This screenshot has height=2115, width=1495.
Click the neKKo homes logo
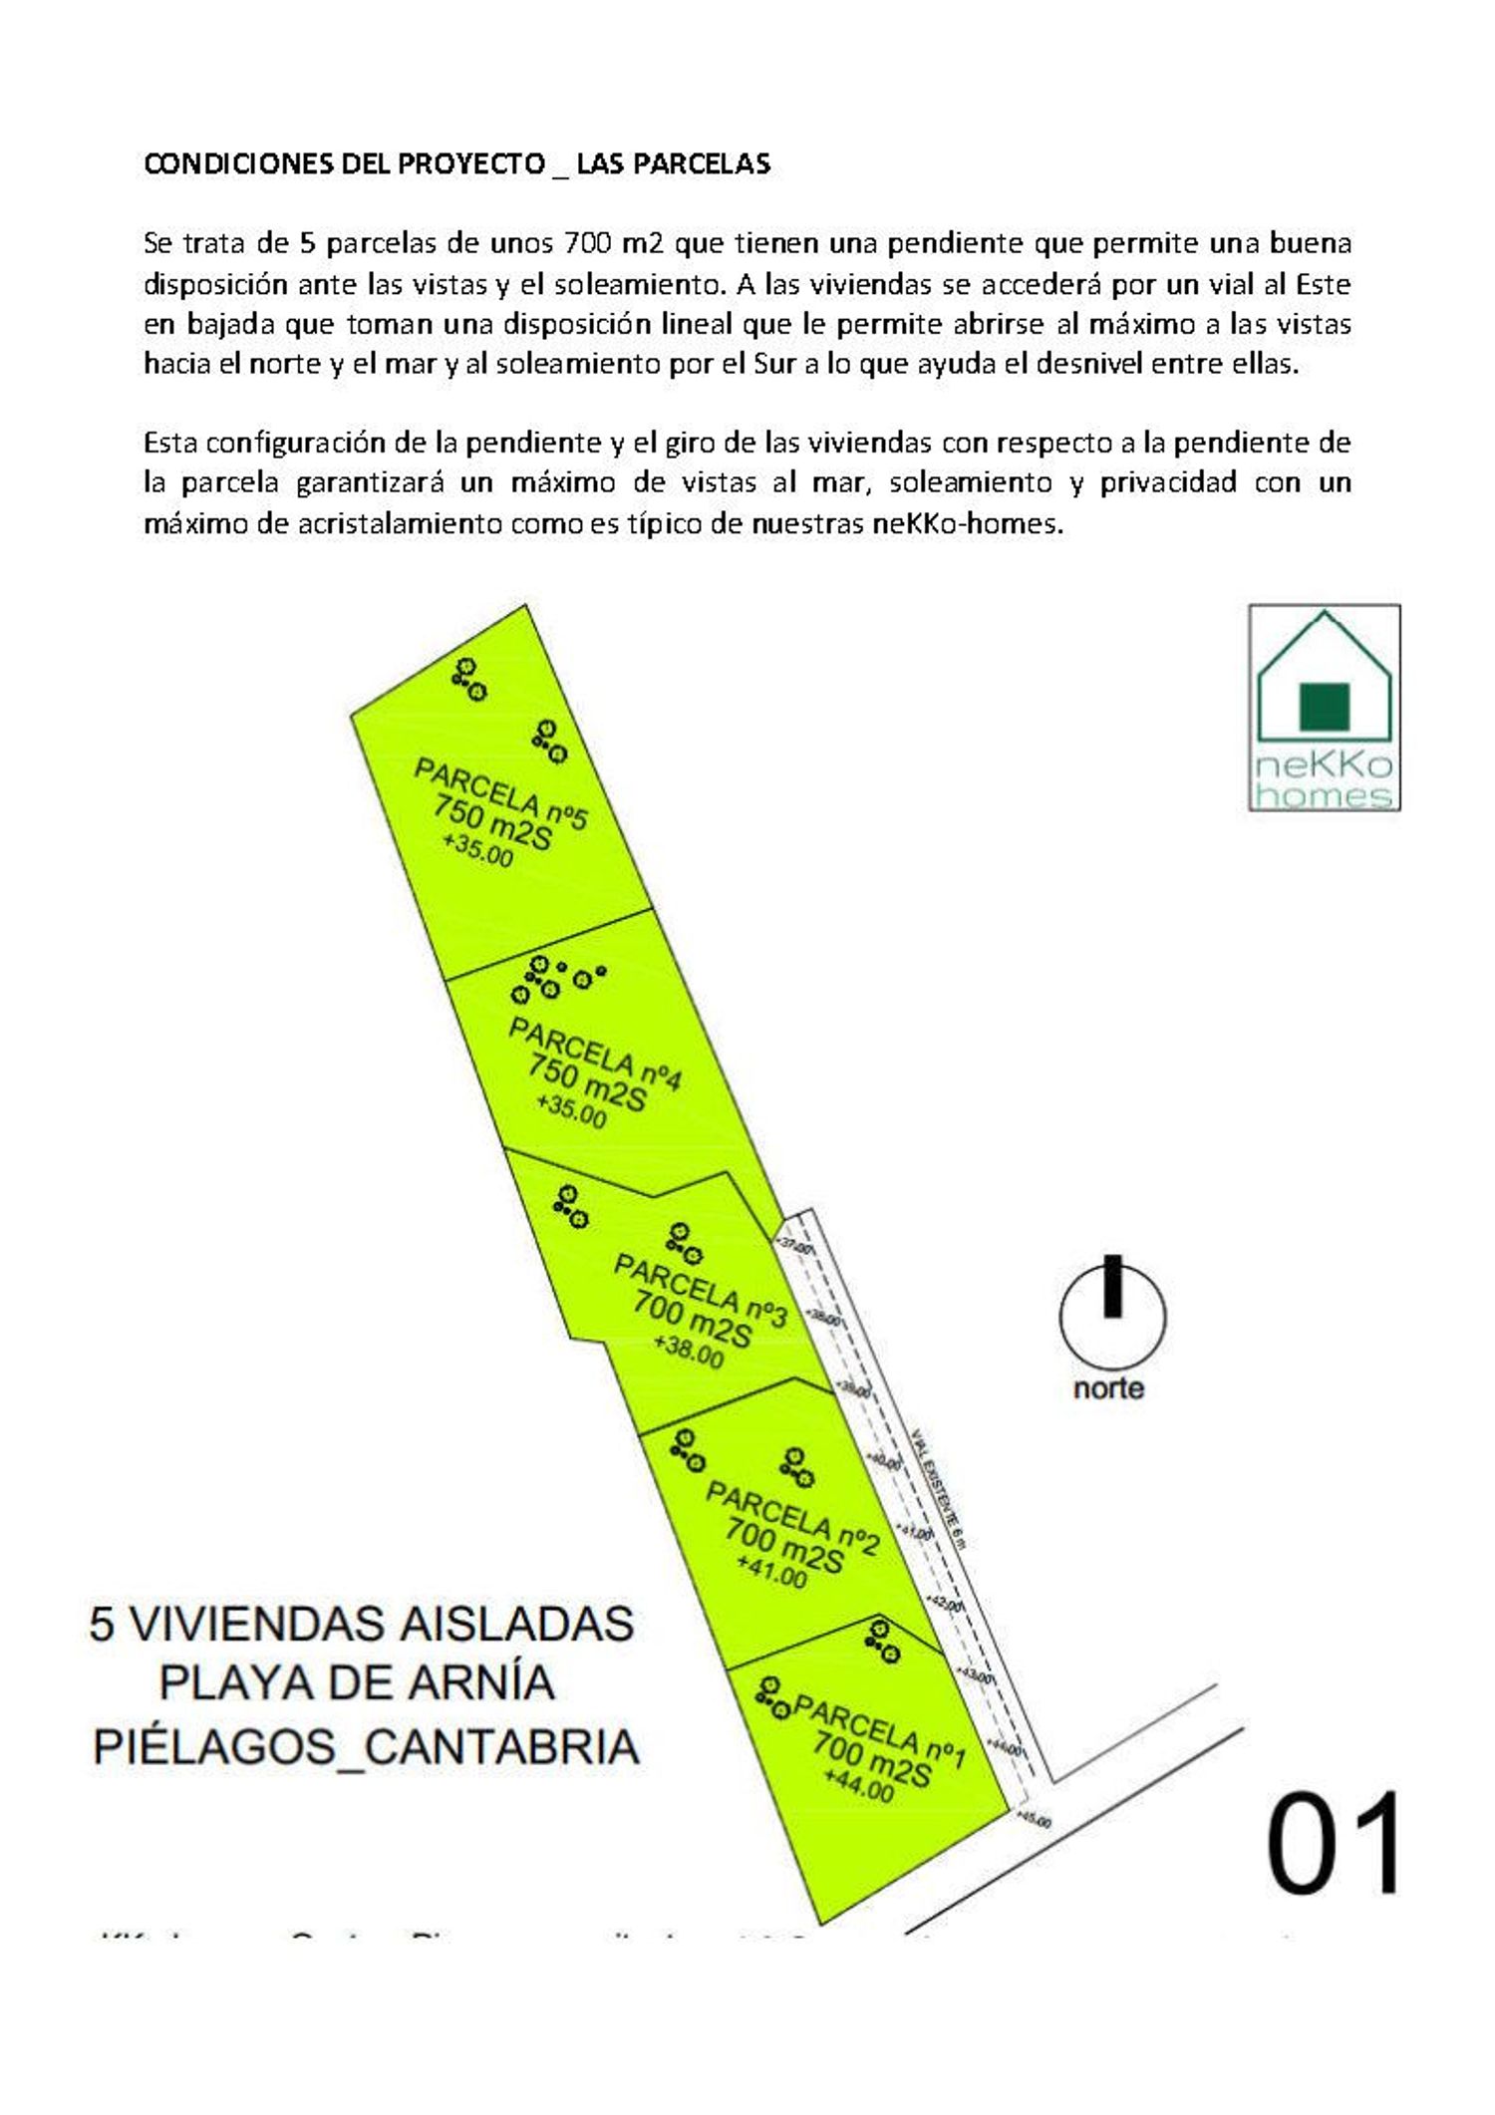(x=1324, y=708)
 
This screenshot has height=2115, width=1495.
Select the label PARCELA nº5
(x=500, y=793)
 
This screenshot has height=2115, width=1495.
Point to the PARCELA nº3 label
(x=700, y=1290)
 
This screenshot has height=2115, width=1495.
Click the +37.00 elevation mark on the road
(x=794, y=1245)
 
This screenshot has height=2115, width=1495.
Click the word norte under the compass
(x=1108, y=1387)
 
